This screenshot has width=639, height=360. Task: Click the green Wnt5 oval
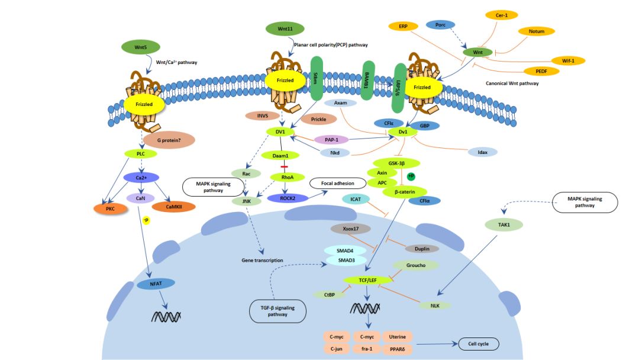click(141, 47)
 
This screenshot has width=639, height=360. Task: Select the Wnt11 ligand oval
click(285, 29)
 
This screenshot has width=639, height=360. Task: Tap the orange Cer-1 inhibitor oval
click(502, 15)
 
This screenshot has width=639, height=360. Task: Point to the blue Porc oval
click(440, 25)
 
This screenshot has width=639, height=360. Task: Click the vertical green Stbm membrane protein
click(317, 78)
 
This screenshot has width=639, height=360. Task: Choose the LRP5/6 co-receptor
click(399, 88)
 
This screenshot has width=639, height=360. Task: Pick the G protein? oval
click(169, 140)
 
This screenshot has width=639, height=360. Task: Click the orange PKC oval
click(111, 209)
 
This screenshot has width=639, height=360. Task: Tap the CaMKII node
click(174, 207)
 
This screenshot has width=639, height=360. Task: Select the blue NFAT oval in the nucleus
click(156, 284)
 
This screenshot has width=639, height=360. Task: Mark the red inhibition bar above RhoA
click(285, 167)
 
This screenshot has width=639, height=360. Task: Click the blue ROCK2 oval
click(288, 198)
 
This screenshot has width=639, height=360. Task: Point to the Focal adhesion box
click(337, 184)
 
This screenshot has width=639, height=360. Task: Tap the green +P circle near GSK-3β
click(411, 176)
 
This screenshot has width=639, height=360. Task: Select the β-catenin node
click(405, 192)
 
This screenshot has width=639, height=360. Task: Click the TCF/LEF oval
click(367, 281)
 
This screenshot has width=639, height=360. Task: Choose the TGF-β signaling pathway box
click(277, 311)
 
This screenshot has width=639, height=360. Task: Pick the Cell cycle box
click(479, 343)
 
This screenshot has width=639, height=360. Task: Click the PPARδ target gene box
click(398, 349)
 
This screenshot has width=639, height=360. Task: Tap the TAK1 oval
click(504, 224)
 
